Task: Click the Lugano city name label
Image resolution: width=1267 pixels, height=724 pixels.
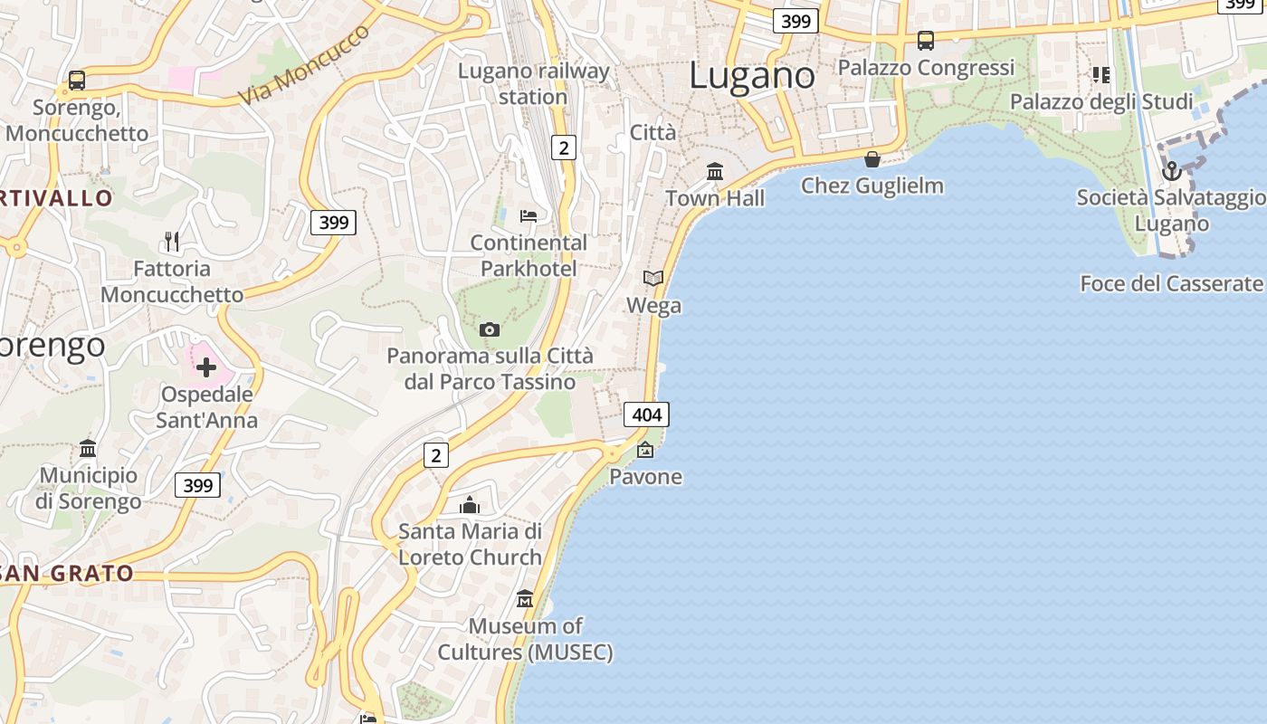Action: click(751, 75)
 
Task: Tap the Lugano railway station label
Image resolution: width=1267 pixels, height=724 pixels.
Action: click(533, 83)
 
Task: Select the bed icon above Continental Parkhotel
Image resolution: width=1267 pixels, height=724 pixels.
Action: click(529, 216)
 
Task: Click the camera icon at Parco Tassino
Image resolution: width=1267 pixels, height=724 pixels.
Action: click(490, 329)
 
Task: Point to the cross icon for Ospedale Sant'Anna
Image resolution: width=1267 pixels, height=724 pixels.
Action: click(206, 367)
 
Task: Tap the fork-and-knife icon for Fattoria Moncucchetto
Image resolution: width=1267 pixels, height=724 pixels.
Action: click(172, 241)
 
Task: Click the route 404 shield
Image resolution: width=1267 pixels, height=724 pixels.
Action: click(647, 415)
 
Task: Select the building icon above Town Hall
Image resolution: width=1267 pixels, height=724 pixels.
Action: click(715, 171)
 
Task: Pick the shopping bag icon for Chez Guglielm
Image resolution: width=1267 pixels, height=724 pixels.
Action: click(872, 159)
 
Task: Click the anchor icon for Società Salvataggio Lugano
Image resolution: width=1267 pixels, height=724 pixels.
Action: click(1172, 170)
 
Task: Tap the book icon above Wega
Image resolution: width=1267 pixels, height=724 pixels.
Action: click(653, 278)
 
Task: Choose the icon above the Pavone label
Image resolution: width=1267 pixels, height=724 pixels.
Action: click(645, 449)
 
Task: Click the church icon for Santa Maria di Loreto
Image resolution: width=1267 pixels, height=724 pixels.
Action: click(470, 505)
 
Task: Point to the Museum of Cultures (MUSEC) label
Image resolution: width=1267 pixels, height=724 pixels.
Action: click(525, 639)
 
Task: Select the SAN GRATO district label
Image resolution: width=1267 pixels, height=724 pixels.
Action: click(67, 573)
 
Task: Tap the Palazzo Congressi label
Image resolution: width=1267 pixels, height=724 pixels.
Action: click(926, 68)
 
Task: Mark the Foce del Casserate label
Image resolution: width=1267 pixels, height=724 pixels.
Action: click(1171, 284)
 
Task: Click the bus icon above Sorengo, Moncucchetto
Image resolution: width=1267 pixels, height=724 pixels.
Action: click(77, 81)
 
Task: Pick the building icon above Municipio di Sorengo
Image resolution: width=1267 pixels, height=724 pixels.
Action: click(88, 448)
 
